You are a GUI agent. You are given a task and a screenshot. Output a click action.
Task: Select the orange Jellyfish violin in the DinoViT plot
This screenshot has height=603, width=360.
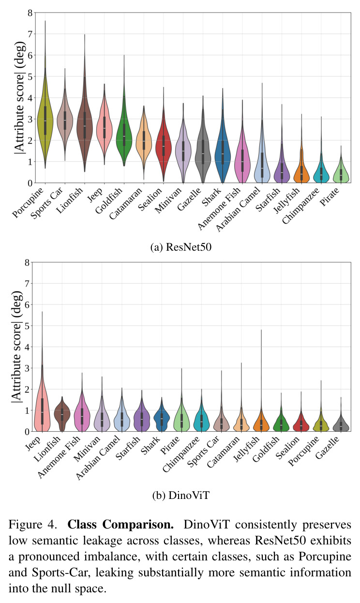click(261, 420)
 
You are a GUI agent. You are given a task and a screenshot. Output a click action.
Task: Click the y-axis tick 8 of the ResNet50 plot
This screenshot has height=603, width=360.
click(30, 13)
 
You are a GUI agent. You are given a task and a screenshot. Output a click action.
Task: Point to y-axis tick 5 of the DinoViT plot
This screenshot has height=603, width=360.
click(27, 326)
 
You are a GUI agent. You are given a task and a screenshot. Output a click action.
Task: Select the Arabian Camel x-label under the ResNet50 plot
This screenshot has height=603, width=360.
click(239, 209)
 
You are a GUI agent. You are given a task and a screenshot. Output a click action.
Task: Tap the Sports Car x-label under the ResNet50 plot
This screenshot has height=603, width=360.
click(46, 203)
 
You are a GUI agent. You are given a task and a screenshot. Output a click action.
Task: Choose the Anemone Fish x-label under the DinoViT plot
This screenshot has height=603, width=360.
click(59, 457)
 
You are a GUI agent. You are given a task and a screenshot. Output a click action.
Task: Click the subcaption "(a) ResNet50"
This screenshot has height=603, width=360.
click(181, 247)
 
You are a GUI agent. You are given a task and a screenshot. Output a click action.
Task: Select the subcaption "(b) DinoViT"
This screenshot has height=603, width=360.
click(181, 496)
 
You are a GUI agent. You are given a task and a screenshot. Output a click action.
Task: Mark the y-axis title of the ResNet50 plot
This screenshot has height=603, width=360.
click(19, 97)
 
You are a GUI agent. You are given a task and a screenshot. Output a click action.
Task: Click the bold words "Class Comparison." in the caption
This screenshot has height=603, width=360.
click(120, 525)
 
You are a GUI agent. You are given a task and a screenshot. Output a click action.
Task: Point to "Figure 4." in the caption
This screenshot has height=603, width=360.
click(32, 525)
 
